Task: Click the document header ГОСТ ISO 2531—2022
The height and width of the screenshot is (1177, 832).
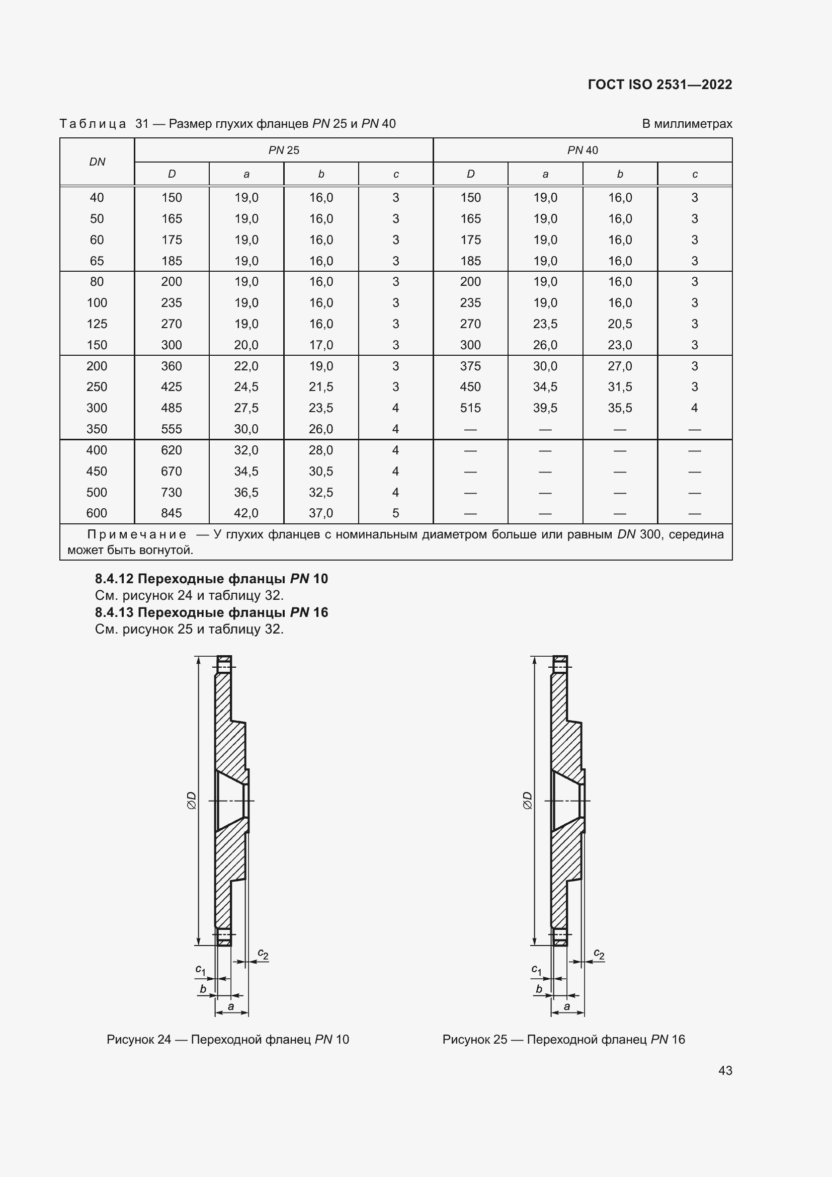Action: pos(659,85)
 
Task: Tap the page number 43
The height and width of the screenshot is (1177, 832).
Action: pos(725,1070)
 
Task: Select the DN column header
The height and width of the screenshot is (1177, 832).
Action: pos(97,162)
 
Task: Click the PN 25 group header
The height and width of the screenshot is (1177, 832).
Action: pos(283,150)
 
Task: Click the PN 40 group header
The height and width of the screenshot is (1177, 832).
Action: pos(582,150)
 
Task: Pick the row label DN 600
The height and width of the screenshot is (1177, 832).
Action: pos(97,513)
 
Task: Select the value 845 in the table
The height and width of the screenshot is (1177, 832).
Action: pos(171,513)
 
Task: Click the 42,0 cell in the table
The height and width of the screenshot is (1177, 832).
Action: pos(246,513)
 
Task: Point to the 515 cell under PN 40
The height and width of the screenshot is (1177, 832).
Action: pos(470,408)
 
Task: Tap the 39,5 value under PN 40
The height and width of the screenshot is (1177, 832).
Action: pos(545,408)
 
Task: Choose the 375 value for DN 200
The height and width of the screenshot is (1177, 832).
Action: pos(470,366)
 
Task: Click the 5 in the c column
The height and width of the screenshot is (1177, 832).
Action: pos(395,513)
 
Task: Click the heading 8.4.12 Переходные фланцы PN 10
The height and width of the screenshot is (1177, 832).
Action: pos(211,579)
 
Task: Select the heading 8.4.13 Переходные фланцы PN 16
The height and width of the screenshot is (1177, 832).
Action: pos(211,612)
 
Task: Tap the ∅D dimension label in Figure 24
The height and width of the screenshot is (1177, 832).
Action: pos(191,800)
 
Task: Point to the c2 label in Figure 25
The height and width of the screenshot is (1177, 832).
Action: pos(599,954)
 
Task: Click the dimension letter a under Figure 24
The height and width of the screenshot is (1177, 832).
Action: pos(230,1006)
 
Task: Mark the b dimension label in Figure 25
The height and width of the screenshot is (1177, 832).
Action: pos(538,989)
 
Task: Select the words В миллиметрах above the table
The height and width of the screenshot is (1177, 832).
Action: pos(687,124)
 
